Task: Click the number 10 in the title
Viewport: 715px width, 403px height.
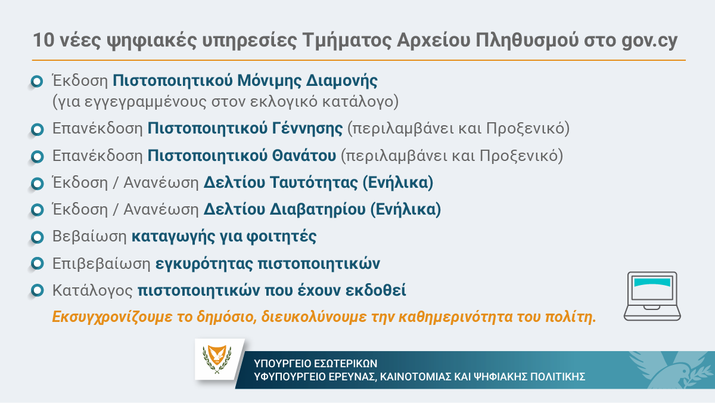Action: click(43, 40)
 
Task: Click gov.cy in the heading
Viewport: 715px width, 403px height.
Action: click(649, 41)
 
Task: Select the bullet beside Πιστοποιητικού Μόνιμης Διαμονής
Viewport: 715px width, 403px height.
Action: click(37, 81)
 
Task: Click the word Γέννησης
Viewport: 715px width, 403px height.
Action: click(307, 128)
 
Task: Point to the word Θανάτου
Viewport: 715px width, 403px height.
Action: click(304, 156)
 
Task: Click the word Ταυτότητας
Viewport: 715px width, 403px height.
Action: click(314, 182)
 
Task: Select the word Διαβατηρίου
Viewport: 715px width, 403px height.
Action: click(318, 209)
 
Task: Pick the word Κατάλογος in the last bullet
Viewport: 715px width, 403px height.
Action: click(92, 290)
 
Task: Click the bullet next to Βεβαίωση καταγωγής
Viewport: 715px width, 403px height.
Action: click(38, 237)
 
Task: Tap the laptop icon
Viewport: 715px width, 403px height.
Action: click(652, 296)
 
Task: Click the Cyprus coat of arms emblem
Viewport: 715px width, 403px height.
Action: click(217, 359)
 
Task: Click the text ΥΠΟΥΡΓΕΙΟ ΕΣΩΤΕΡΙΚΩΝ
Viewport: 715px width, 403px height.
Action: click(315, 364)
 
